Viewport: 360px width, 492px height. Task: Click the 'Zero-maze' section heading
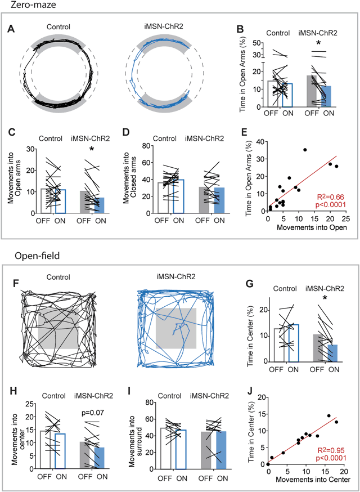click(x=24, y=5)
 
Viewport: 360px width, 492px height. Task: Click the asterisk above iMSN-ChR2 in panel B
click(x=318, y=43)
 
